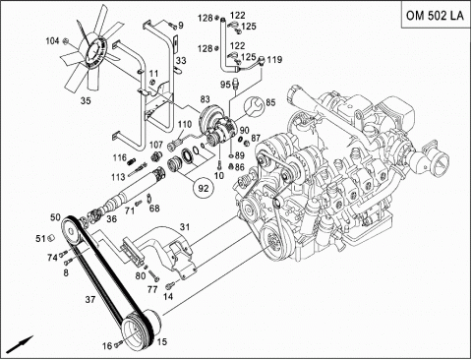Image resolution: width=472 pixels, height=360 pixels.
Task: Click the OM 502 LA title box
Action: coord(436,16)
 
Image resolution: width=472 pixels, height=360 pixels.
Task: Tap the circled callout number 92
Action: coord(204,188)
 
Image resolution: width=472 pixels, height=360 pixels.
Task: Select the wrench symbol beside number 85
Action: coord(253,106)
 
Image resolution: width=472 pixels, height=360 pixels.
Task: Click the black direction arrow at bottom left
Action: coord(20,344)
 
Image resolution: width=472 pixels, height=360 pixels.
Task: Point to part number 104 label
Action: coord(52,40)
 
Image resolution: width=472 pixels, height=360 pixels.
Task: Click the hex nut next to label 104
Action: coord(66,41)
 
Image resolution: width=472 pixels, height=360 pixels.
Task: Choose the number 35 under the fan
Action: coord(86,100)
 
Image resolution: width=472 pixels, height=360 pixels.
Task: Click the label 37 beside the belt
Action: coord(90,299)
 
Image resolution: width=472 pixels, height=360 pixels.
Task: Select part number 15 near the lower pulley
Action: coord(162,341)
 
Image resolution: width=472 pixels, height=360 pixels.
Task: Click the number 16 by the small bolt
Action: coord(107,345)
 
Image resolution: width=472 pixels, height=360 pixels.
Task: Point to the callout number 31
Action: coord(185,227)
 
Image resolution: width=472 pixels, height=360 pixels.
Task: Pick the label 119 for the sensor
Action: coord(274,60)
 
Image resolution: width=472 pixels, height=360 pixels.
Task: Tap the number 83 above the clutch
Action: coord(205,99)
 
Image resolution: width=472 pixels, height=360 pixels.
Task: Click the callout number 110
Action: coord(185,124)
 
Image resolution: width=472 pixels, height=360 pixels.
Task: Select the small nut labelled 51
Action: coord(50,238)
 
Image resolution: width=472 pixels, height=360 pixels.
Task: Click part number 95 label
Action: coord(225,85)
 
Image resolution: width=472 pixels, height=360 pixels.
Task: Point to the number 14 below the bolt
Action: coord(168,296)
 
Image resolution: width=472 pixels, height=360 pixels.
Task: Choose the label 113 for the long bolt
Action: coord(118,177)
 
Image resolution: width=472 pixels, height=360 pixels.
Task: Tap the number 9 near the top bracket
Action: coord(181,25)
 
